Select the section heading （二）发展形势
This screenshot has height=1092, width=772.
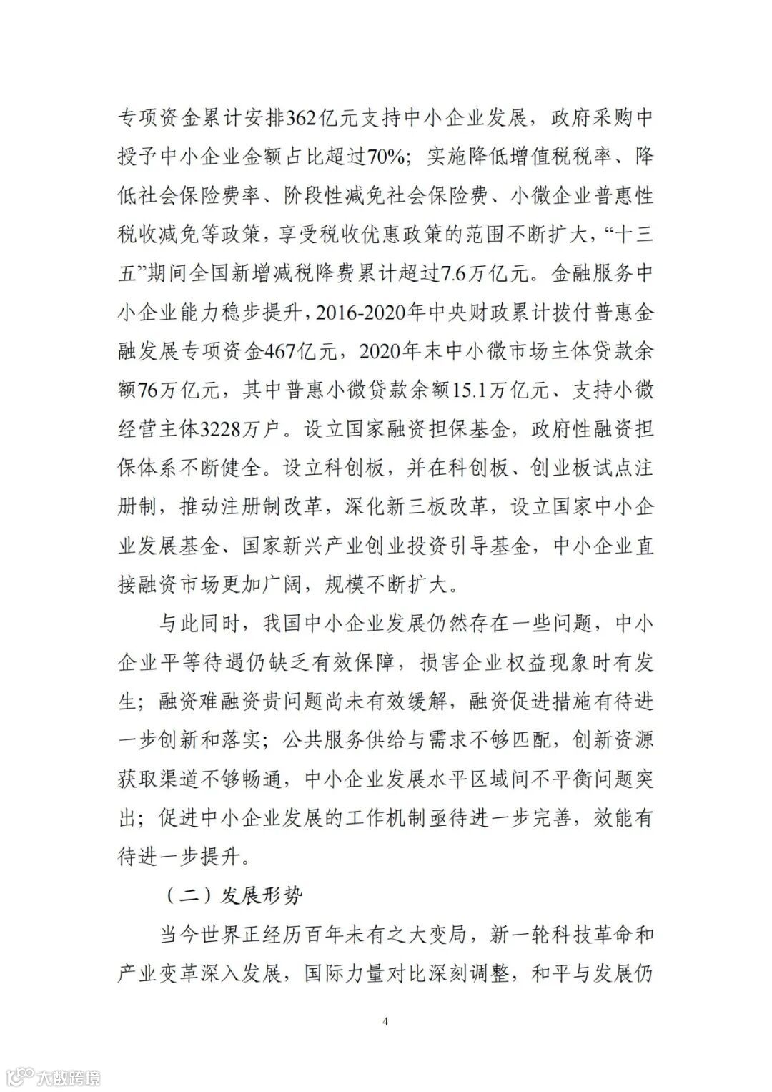[x=233, y=895]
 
